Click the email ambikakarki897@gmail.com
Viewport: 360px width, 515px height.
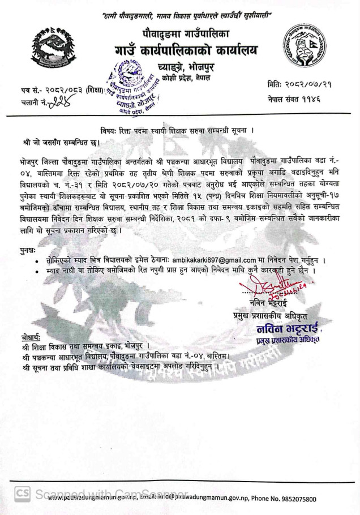(x=212, y=260)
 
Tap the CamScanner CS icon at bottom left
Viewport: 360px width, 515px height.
(x=22, y=494)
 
